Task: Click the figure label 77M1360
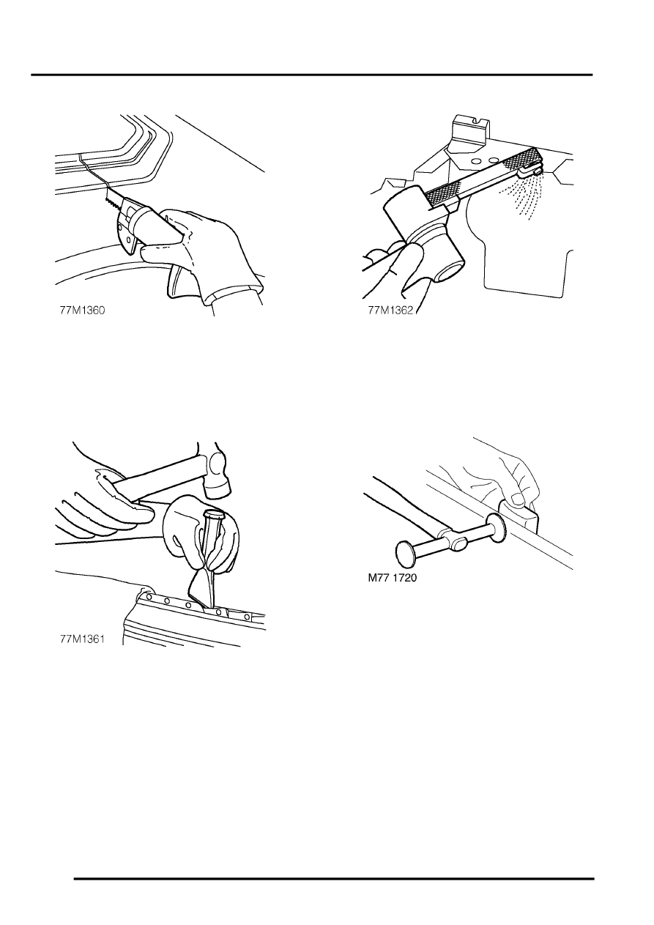pyautogui.click(x=82, y=310)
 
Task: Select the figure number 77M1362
pyautogui.click(x=390, y=310)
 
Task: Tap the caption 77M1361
pyautogui.click(x=82, y=639)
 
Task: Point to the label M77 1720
pyautogui.click(x=393, y=578)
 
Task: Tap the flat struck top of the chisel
pyautogui.click(x=214, y=515)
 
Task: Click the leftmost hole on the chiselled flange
pyautogui.click(x=149, y=596)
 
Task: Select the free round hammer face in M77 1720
pyautogui.click(x=407, y=554)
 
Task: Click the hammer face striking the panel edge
pyautogui.click(x=497, y=524)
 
